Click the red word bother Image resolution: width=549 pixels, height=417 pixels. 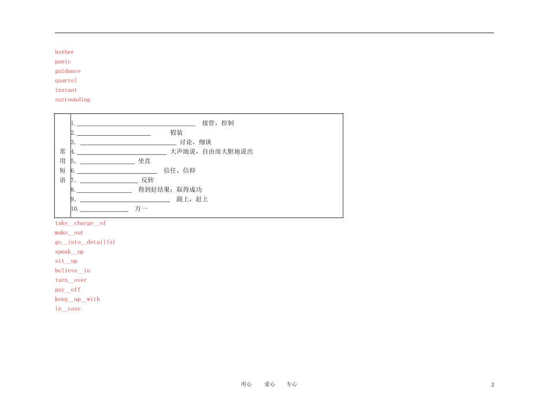[x=64, y=52]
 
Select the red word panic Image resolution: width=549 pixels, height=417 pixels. [x=62, y=62]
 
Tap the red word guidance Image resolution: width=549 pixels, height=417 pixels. [x=68, y=71]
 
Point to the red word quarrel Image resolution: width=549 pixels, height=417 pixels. [x=66, y=80]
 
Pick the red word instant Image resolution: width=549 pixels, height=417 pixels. [x=66, y=90]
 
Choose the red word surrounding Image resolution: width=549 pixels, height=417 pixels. [x=72, y=100]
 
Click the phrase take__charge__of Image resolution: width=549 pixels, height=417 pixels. [x=80, y=223]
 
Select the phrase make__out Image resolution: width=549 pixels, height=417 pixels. [x=69, y=233]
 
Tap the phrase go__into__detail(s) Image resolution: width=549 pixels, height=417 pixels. [x=85, y=242]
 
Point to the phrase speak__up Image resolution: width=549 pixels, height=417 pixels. [x=69, y=252]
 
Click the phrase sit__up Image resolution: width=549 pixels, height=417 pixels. [x=66, y=261]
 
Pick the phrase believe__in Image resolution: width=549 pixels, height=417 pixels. [x=72, y=271]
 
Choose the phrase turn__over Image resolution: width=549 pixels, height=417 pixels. [x=71, y=280]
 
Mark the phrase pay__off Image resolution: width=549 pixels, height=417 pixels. [x=68, y=290]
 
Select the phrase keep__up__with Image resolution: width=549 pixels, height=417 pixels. [x=77, y=299]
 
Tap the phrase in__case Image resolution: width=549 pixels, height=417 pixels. [x=68, y=309]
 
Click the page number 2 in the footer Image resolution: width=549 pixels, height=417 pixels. [x=492, y=385]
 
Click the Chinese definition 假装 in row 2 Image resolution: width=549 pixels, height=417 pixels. [x=176, y=133]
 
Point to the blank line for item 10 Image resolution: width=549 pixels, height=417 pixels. [x=105, y=211]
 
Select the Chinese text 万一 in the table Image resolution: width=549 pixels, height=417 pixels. [x=141, y=209]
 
